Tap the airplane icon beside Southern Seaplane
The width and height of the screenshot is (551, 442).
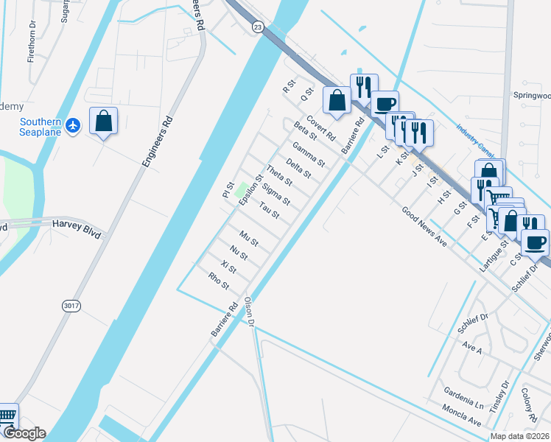[72, 126]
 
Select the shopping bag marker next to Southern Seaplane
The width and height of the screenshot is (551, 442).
[103, 121]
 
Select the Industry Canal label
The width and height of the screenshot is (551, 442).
[475, 141]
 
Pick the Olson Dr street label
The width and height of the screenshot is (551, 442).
[249, 312]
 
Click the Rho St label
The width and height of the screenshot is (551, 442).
[220, 281]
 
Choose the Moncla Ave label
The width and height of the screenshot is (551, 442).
[462, 415]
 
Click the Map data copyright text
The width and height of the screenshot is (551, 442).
[520, 436]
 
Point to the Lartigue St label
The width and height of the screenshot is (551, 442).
[494, 257]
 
